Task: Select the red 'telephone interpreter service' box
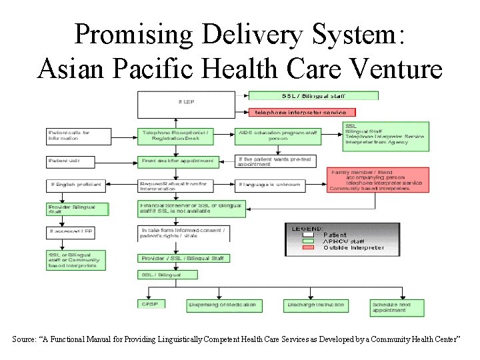click(303, 112)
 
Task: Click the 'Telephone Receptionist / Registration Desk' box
click(177, 136)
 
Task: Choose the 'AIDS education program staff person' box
click(277, 136)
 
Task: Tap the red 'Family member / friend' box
click(378, 179)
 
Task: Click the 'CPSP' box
click(154, 305)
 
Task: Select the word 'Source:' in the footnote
click(26, 340)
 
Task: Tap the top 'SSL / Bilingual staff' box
click(313, 95)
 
